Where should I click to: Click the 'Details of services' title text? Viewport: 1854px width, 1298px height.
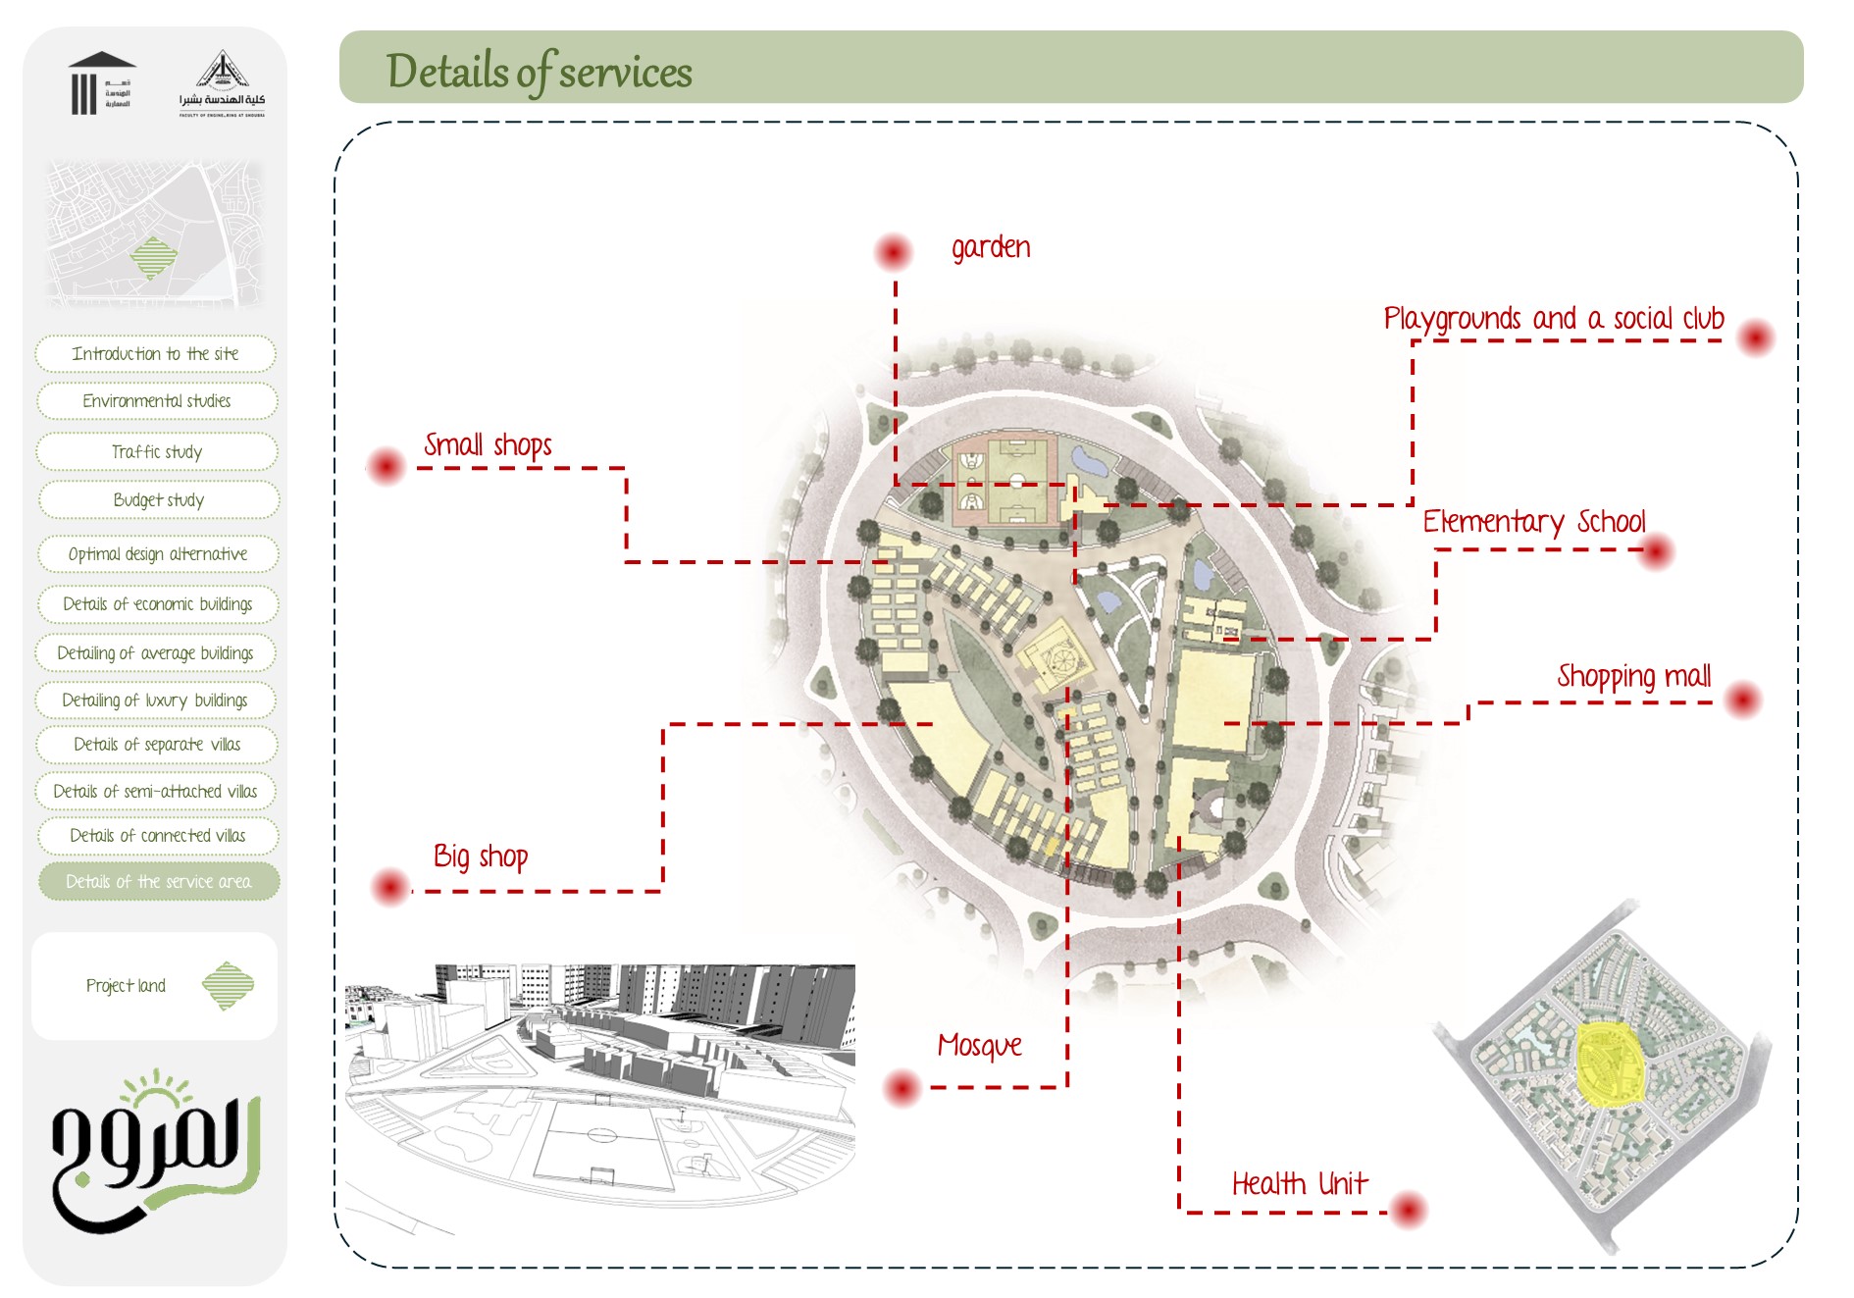click(x=539, y=71)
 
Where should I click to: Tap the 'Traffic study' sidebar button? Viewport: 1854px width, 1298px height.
click(x=157, y=451)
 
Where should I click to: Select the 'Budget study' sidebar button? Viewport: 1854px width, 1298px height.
click(x=158, y=499)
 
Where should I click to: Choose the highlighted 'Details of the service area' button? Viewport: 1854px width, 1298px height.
click(x=158, y=881)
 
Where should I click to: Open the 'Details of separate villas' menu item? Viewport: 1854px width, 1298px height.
click(x=157, y=744)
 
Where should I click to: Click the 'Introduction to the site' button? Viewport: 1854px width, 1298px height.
click(x=155, y=353)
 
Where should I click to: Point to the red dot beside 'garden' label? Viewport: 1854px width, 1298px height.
click(x=893, y=252)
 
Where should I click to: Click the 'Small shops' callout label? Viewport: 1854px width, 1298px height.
click(x=488, y=444)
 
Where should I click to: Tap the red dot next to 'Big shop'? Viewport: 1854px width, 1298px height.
click(x=390, y=887)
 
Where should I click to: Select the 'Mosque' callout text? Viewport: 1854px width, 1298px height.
click(x=979, y=1045)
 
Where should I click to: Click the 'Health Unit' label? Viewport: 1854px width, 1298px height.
click(x=1299, y=1183)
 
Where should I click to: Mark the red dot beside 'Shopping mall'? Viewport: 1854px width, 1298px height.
click(x=1743, y=700)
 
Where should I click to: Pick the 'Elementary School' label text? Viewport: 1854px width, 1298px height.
click(x=1533, y=521)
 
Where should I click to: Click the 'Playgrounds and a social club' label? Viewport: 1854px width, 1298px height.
click(x=1553, y=319)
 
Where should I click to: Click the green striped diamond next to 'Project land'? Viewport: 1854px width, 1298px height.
click(x=228, y=985)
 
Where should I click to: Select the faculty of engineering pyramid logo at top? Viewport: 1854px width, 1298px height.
click(x=222, y=83)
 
